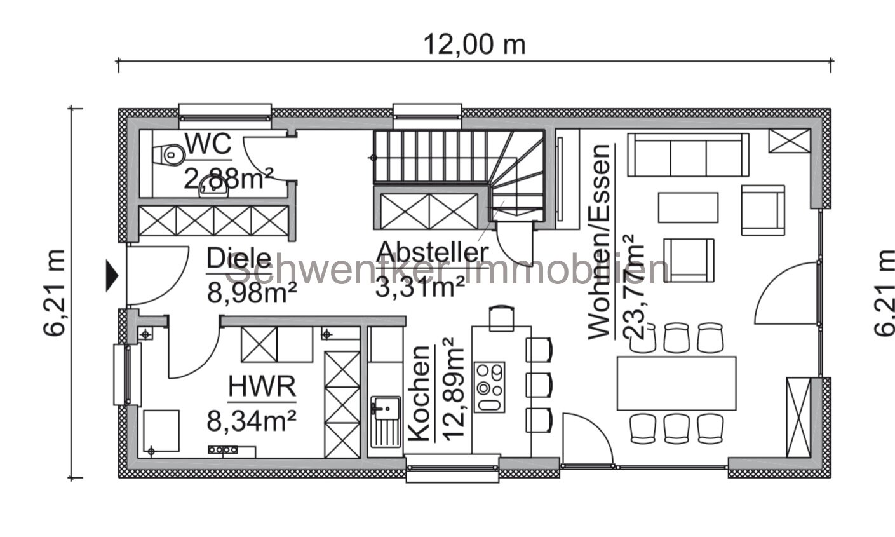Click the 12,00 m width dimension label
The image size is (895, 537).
tap(474, 44)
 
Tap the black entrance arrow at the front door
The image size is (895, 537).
tap(112, 276)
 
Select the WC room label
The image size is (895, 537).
tap(208, 145)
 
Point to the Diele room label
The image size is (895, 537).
tap(239, 259)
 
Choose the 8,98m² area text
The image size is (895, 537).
tap(252, 292)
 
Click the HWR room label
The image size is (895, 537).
tap(262, 386)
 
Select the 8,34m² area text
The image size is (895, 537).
tap(252, 420)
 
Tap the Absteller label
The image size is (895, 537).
tap(433, 252)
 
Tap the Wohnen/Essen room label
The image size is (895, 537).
tap(599, 241)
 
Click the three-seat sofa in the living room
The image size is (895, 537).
tap(687, 154)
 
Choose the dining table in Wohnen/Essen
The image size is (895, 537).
tap(676, 383)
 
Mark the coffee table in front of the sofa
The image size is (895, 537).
tap(687, 207)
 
